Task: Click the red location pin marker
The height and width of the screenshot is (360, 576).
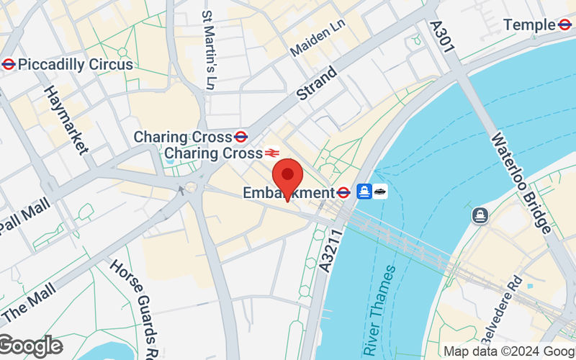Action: [x=289, y=176]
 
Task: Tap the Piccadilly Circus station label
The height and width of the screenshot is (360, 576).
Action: [x=76, y=64]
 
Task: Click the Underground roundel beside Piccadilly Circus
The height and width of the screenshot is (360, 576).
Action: [x=9, y=64]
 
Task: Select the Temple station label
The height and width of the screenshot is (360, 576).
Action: [x=530, y=25]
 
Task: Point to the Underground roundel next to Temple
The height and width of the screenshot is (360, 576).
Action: [x=566, y=25]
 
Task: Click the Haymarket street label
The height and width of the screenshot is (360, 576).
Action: [x=66, y=120]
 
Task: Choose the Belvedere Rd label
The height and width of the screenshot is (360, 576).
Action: [x=511, y=302]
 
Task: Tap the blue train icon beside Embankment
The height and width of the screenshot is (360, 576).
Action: [x=364, y=192]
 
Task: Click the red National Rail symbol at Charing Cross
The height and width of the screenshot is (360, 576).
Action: [x=271, y=153]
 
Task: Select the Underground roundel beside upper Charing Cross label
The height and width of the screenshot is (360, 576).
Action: [x=241, y=136]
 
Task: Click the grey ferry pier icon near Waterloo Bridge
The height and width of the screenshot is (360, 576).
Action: [x=480, y=215]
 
